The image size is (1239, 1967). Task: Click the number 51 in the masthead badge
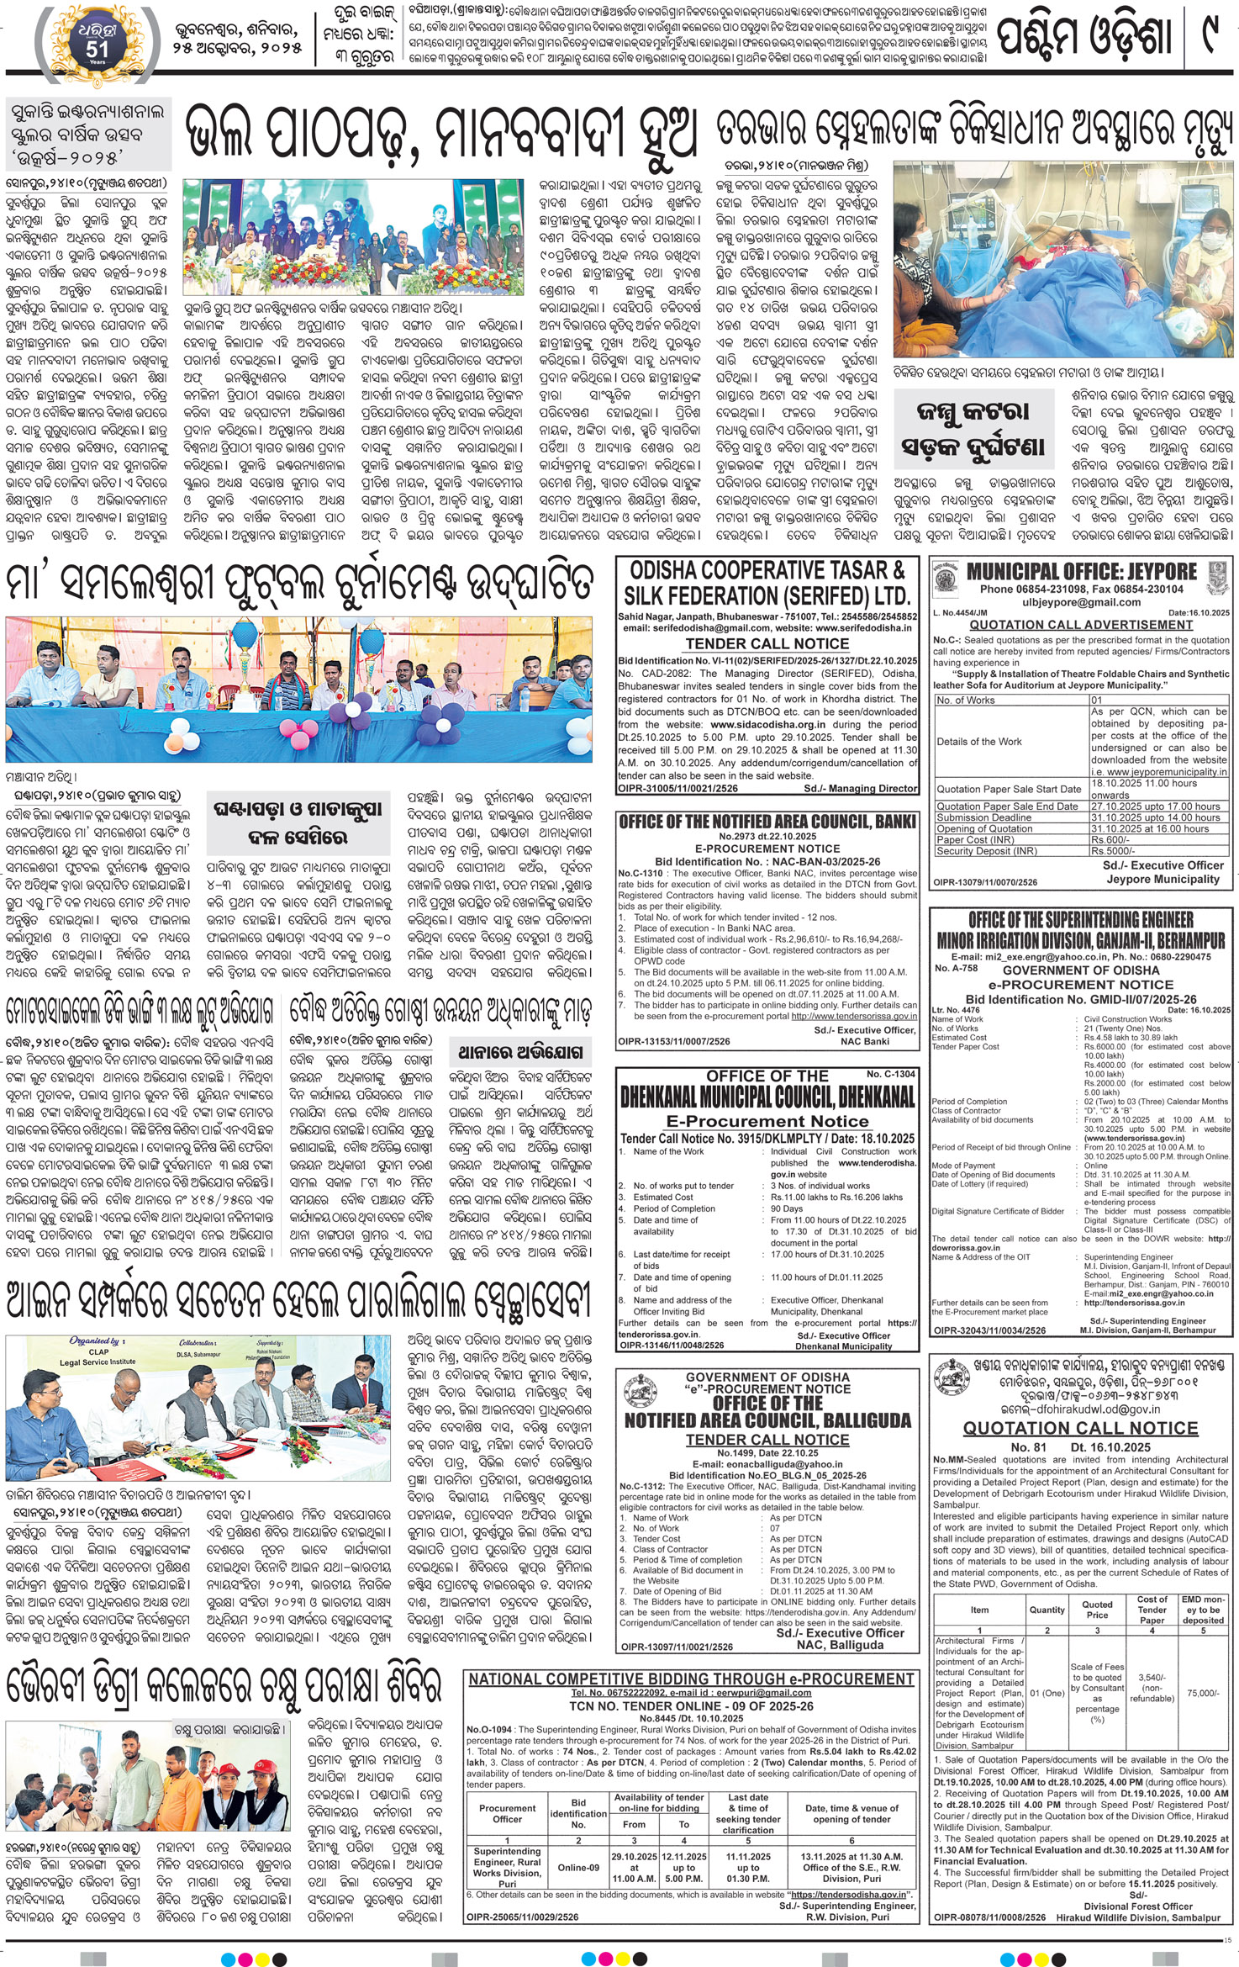pos(97,49)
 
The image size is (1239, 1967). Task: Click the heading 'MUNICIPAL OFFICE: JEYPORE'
pos(1081,572)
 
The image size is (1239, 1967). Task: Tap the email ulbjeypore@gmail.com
pos(1081,602)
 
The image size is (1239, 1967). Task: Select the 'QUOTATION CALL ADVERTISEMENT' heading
pos(1081,625)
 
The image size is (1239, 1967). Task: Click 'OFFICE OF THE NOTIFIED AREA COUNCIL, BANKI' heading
pos(767,822)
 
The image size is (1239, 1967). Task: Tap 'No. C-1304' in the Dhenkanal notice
pos(891,1074)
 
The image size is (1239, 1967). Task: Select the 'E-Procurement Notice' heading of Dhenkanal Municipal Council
pos(767,1121)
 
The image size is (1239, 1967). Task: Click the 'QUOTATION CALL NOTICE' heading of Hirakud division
pos(1080,1428)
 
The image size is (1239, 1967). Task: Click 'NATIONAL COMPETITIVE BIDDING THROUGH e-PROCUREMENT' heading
pos(691,1679)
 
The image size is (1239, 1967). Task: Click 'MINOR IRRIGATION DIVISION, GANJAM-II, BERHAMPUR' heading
pos(1080,940)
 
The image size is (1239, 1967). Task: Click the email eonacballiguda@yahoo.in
pos(767,1464)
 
